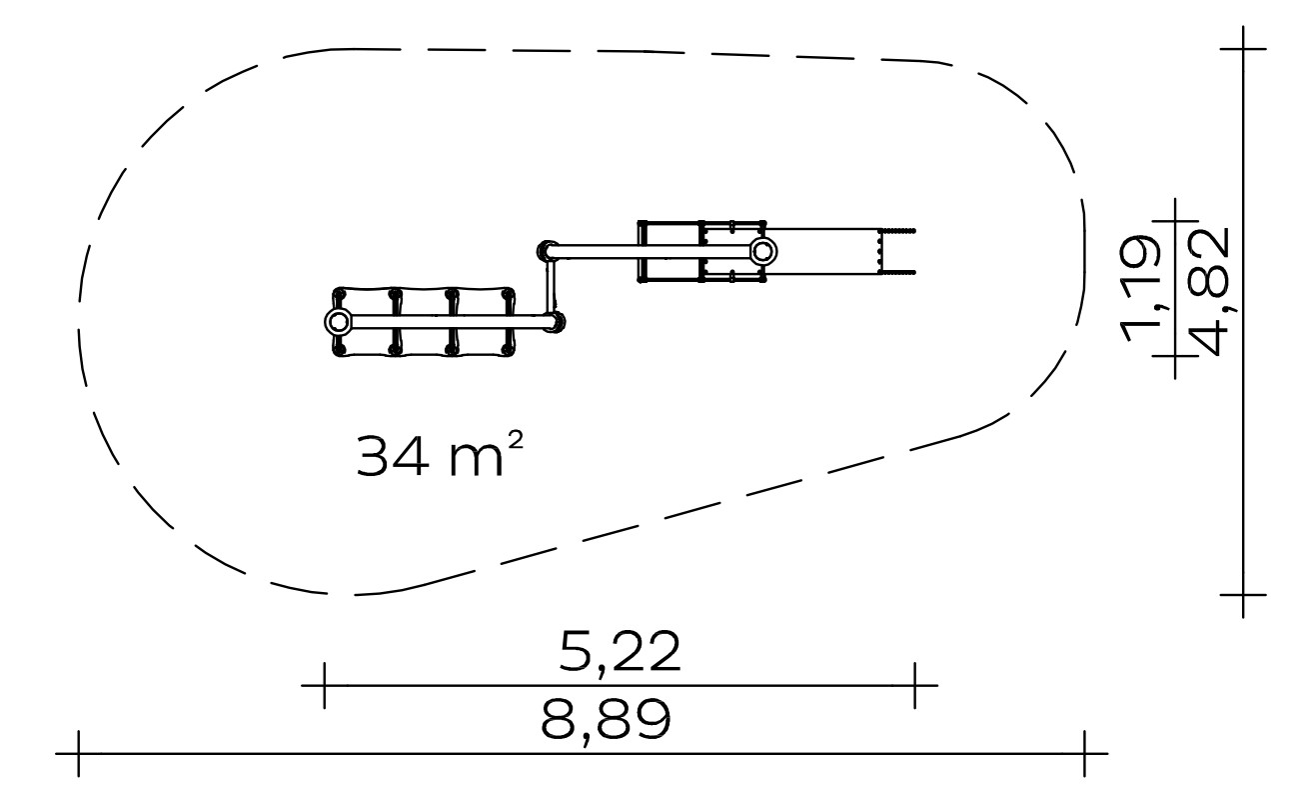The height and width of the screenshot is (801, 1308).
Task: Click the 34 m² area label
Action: tap(439, 455)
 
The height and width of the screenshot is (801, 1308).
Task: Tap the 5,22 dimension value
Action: tap(620, 651)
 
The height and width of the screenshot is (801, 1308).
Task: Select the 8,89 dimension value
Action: tap(606, 720)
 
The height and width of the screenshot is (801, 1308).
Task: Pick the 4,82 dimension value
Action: tap(1211, 292)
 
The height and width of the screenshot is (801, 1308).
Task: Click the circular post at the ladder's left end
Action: tap(338, 321)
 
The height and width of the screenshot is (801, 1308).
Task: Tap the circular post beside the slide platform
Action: tap(762, 252)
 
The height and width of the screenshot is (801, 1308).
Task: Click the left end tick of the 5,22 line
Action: tap(324, 685)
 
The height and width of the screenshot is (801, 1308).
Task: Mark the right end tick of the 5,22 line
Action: tap(914, 685)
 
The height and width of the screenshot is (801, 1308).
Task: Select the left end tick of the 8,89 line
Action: tap(78, 754)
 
